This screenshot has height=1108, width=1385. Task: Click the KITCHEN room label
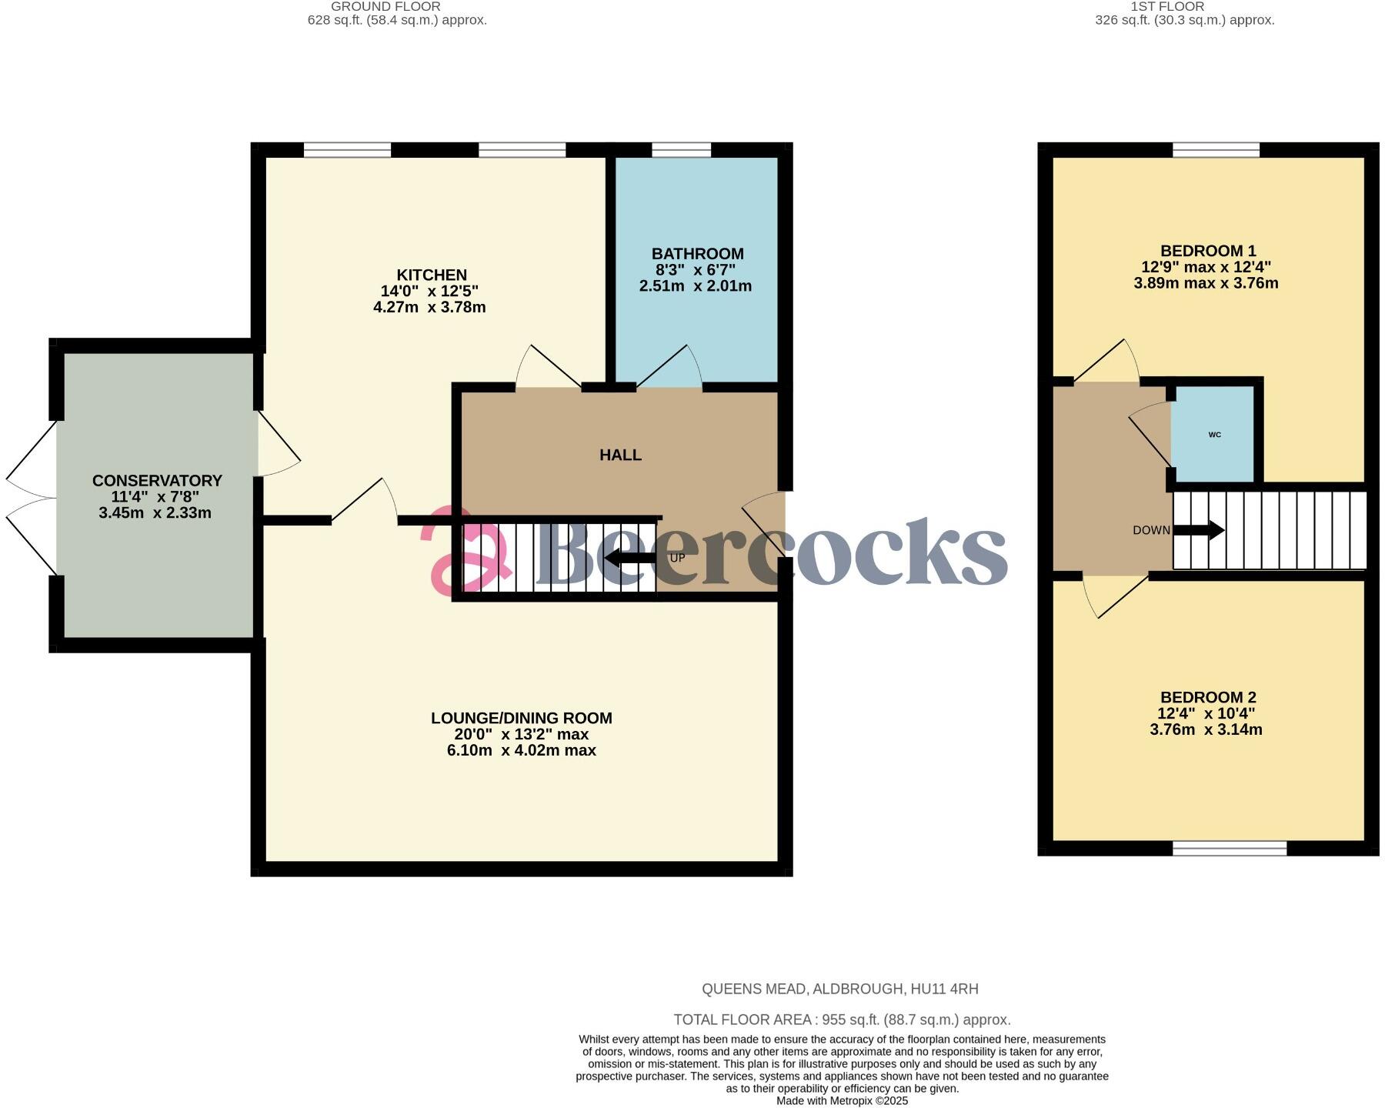[x=432, y=275]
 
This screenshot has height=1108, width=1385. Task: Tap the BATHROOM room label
[x=697, y=254]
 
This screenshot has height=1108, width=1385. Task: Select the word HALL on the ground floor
[x=620, y=455]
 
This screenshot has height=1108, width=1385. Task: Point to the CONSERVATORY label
[x=157, y=480]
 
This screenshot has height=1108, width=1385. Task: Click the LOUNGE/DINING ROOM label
[x=521, y=718]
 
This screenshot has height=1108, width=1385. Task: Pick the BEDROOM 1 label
[x=1208, y=251]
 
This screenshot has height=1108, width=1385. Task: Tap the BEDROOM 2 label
[x=1208, y=697]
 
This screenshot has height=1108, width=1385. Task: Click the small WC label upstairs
[x=1215, y=435]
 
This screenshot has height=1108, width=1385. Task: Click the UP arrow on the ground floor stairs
[x=631, y=558]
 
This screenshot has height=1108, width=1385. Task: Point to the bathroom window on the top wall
[x=682, y=150]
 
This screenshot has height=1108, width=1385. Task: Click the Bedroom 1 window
[x=1216, y=150]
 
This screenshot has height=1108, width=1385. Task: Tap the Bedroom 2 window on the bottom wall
[x=1230, y=848]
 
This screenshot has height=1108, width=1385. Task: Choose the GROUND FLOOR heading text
[x=385, y=6]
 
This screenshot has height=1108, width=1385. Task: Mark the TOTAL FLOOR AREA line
[x=842, y=1020]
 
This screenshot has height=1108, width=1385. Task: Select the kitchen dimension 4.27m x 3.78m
[x=429, y=307]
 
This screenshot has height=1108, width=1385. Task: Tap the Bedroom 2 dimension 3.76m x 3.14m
[x=1206, y=729]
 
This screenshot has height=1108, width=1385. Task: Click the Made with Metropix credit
[x=842, y=1101]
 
